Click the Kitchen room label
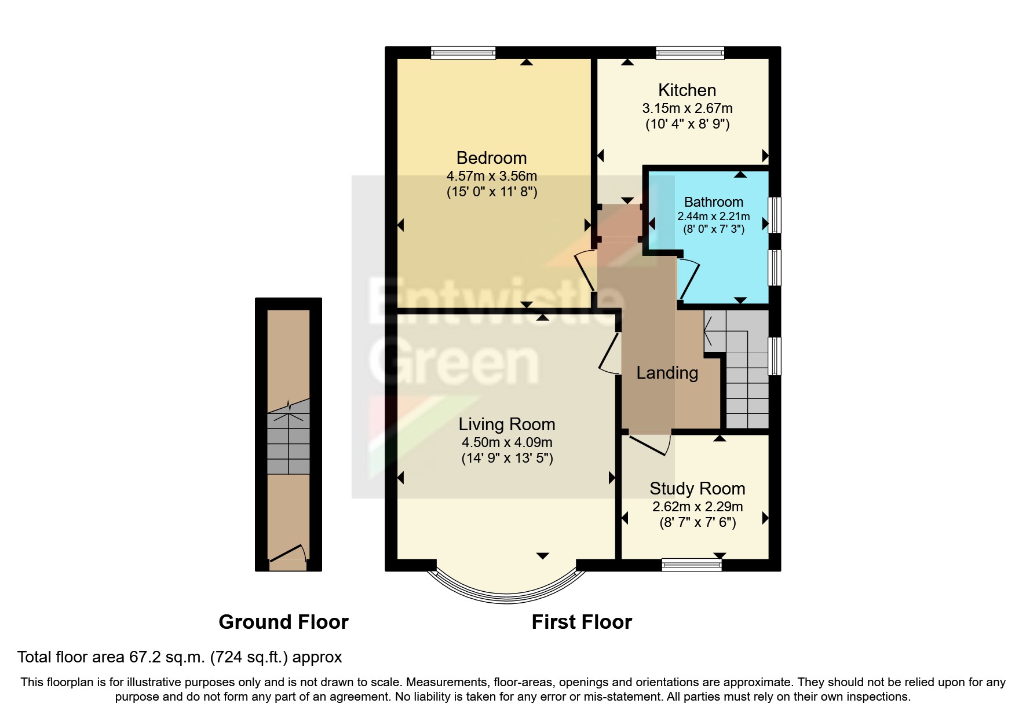click(x=687, y=90)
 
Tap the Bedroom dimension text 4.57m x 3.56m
click(x=491, y=175)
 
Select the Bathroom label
click(x=713, y=202)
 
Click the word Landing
click(x=667, y=373)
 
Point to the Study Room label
click(x=697, y=489)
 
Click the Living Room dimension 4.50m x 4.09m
click(x=506, y=442)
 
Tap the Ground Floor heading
click(x=283, y=622)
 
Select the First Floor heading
click(x=581, y=622)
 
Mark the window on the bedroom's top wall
click(x=463, y=53)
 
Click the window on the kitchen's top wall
click(x=689, y=53)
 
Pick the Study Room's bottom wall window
click(x=691, y=565)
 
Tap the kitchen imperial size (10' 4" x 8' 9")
click(x=687, y=124)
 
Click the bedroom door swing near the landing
click(x=585, y=271)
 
